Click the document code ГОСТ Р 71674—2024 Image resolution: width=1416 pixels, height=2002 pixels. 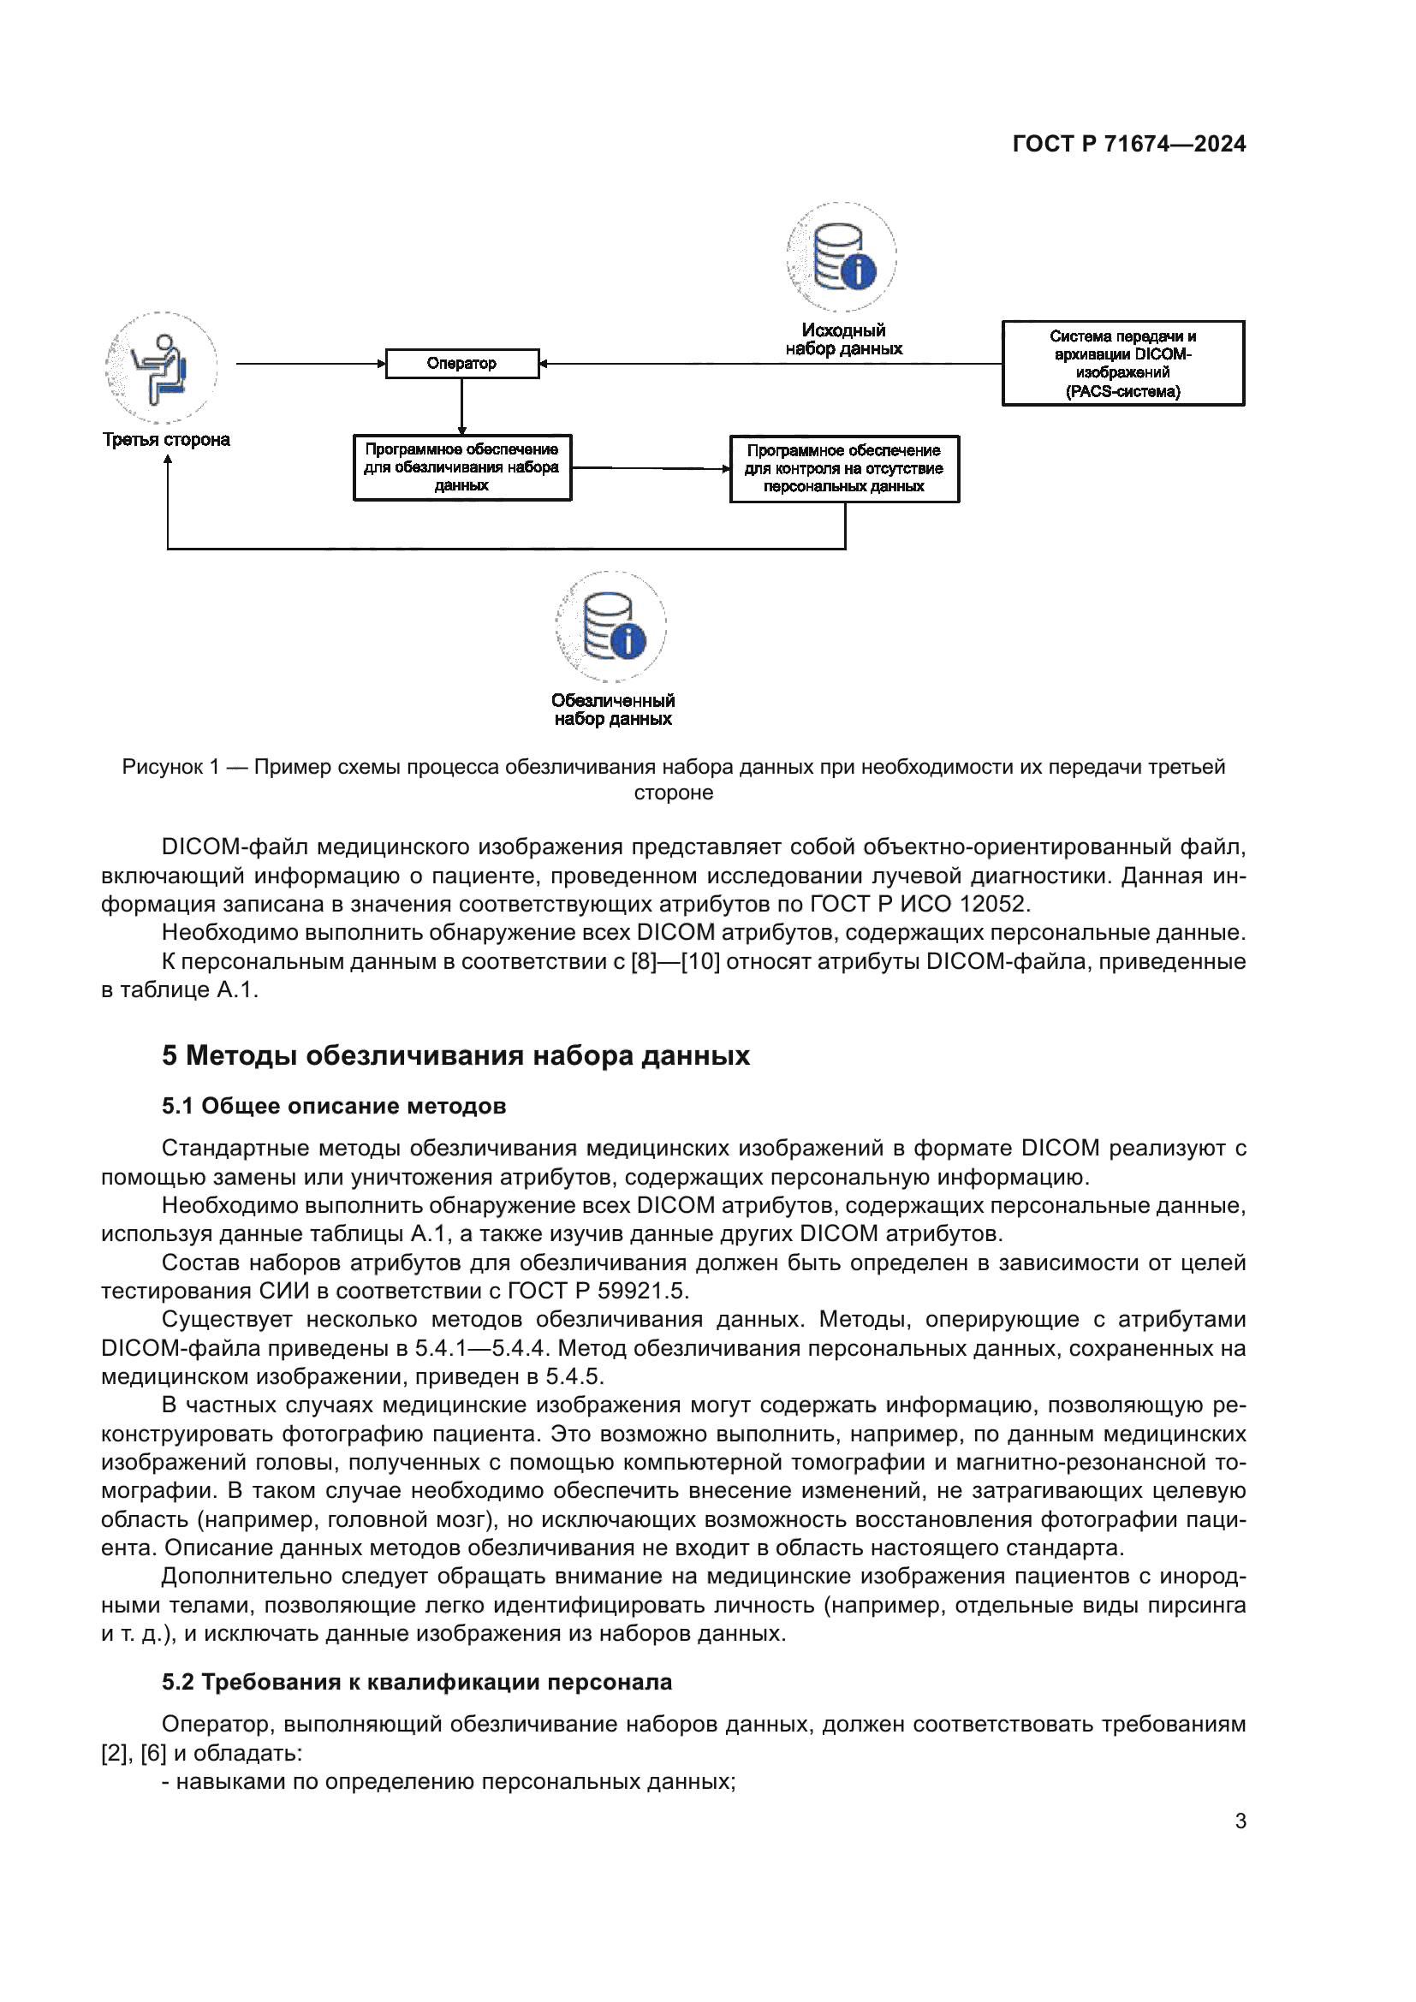tap(1128, 144)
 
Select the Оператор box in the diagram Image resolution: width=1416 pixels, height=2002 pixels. tap(462, 364)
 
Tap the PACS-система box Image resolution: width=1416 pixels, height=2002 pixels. tap(1122, 364)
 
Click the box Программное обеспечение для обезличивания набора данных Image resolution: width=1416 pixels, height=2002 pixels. tap(462, 467)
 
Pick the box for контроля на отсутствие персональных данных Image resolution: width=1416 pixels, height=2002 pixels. tap(844, 469)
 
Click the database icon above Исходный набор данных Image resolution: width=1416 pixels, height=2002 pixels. tap(842, 258)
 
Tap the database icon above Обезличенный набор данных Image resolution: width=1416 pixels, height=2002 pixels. tap(611, 626)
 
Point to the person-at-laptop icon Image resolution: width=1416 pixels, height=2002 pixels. tap(161, 368)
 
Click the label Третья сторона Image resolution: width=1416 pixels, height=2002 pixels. tap(167, 439)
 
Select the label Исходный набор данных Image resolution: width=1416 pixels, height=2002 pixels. tap(843, 339)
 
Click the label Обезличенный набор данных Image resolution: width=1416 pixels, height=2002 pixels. tap(612, 710)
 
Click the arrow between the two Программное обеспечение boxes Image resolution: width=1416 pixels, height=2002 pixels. tap(650, 468)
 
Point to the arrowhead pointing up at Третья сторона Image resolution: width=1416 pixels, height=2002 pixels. tap(168, 461)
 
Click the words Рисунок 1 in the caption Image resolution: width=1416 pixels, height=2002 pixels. tap(170, 767)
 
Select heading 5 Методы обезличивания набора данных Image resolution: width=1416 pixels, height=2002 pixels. tap(455, 1056)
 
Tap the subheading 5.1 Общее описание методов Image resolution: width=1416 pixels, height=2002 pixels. tap(333, 1107)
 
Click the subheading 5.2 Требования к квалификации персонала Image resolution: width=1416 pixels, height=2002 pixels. tap(416, 1682)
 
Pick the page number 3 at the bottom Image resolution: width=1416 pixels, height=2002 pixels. tap(1240, 1821)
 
